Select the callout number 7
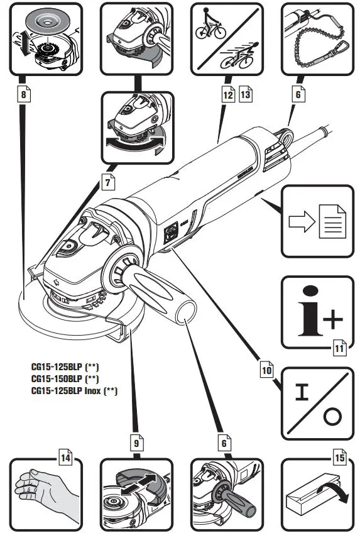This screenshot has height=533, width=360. point(108,184)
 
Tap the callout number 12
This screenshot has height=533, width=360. point(227,96)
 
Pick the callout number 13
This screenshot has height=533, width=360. point(245,96)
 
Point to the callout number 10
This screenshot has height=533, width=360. point(266,371)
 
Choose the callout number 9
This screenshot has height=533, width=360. point(136,442)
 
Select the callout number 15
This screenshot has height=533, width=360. point(339,459)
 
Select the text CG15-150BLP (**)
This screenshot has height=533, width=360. point(65,378)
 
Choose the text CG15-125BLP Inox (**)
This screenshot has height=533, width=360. point(75,390)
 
